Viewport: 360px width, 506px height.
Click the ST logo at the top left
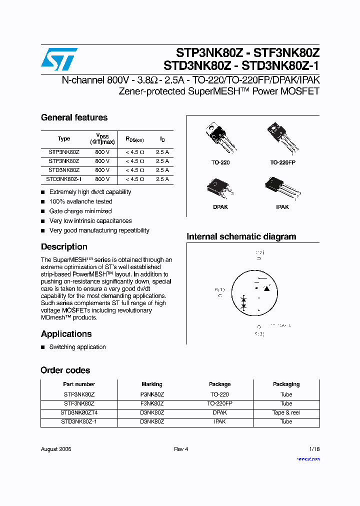59,59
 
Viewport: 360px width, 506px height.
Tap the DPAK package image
220,188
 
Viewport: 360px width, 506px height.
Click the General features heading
74,117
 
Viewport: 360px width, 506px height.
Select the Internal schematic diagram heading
241,236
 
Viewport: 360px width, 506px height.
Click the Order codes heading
65,370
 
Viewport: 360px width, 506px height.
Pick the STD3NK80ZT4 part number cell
79,412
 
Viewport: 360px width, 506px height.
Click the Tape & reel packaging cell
286,412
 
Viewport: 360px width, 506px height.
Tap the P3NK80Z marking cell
152,394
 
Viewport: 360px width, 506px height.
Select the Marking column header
152,384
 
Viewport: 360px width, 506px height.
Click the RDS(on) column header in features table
134,139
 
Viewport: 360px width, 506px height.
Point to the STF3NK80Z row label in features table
63,161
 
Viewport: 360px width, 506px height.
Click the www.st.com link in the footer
308,459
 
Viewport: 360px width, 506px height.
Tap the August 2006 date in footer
56,449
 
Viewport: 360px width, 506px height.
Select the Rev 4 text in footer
181,449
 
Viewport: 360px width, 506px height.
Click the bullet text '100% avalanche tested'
80,201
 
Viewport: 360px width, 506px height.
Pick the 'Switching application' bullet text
77,347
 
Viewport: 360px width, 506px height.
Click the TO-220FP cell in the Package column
219,403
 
